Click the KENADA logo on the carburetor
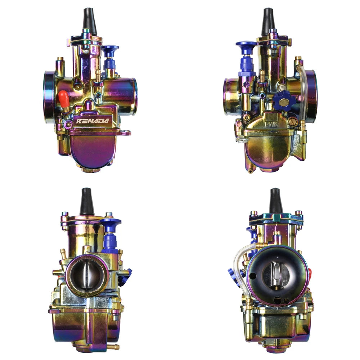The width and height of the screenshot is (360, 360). coord(93,121)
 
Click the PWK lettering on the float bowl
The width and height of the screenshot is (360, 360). coord(272,124)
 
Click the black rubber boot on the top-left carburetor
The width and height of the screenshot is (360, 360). coord(89,21)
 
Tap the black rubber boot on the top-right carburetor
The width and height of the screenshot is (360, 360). coord(268,21)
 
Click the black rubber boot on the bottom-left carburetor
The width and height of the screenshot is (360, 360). coord(87,202)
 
